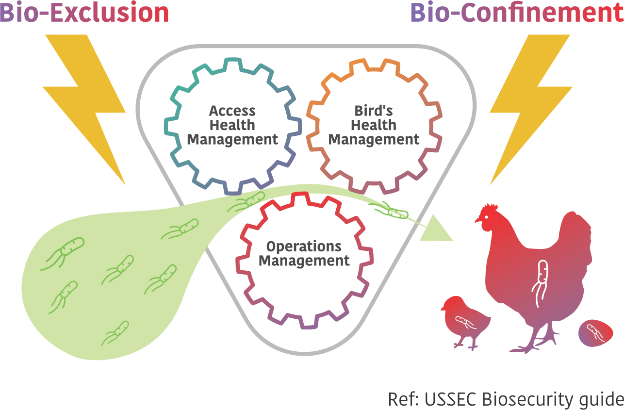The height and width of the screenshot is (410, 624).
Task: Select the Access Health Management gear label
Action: tap(233, 125)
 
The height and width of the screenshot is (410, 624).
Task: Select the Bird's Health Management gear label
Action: tap(374, 125)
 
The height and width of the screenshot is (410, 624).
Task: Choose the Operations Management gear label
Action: tap(304, 253)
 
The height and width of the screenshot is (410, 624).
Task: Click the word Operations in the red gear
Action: tap(304, 246)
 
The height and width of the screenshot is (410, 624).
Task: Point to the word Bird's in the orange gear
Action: tap(374, 111)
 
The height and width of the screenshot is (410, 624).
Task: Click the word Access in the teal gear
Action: tap(233, 111)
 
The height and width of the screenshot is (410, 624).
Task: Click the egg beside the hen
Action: tap(595, 333)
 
